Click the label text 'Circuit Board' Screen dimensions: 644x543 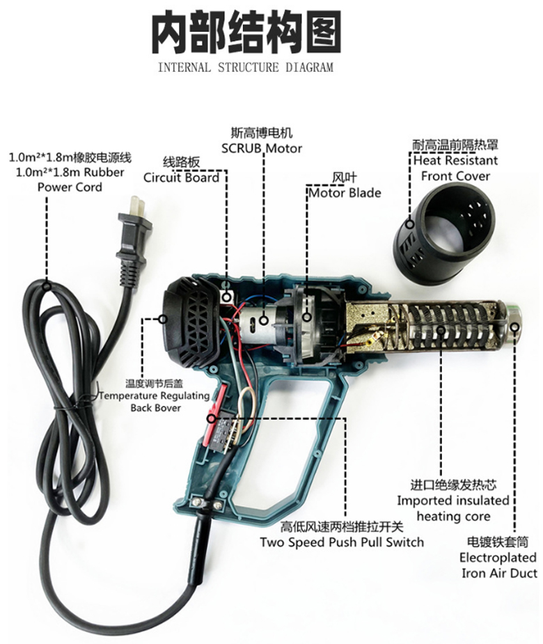(181, 178)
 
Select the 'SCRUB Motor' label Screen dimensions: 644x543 (262, 148)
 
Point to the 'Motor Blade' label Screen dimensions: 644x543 (345, 192)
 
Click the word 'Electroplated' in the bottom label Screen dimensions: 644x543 (498, 557)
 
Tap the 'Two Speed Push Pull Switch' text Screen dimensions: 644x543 (342, 542)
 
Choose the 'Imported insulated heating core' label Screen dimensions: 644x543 (453, 508)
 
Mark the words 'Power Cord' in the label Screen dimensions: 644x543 (70, 187)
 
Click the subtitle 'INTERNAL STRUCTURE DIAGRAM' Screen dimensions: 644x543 (245, 68)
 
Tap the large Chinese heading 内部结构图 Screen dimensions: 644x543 (246, 33)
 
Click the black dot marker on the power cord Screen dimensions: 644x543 (47, 283)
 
